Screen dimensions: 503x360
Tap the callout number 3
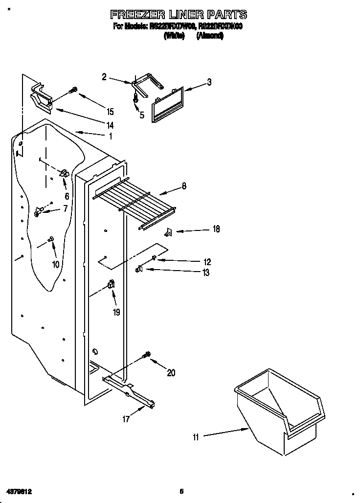tap(209, 82)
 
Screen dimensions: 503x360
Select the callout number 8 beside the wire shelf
tap(184, 185)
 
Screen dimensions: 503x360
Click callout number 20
tap(171, 373)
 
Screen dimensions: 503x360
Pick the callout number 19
tap(116, 312)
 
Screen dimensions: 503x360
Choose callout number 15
tap(110, 112)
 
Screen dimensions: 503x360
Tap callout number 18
tap(216, 229)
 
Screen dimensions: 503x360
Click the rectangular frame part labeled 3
tap(167, 104)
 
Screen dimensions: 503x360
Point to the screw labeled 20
tap(146, 354)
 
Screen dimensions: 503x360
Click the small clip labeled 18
tap(168, 231)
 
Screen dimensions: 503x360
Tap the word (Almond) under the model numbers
tap(210, 36)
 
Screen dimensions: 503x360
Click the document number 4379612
tap(20, 490)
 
